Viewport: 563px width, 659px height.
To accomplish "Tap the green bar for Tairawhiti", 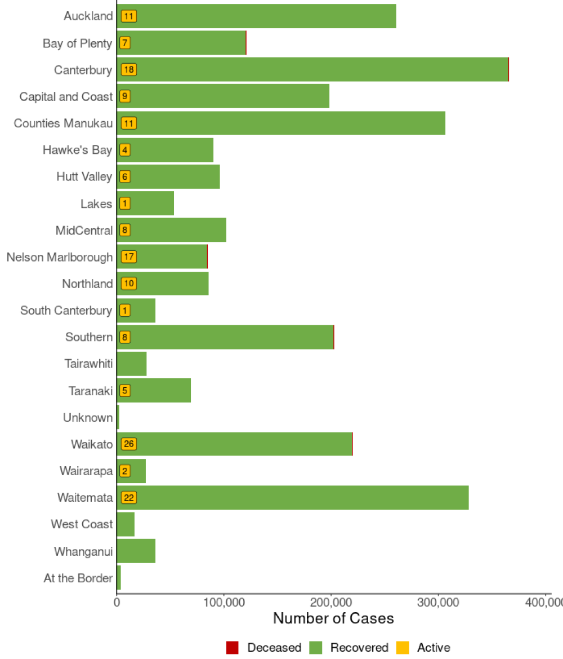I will [132, 364].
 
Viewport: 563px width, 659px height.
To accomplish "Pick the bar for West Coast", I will [126, 524].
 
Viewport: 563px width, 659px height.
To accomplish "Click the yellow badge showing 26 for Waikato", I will [129, 444].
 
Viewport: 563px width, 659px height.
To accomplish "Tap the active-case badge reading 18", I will [129, 69].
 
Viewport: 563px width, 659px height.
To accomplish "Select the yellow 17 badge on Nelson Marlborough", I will [129, 257].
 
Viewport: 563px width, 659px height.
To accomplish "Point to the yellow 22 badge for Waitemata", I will [129, 498].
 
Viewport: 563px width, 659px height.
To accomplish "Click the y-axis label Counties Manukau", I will [63, 123].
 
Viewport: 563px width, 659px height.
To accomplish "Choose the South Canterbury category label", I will [66, 311].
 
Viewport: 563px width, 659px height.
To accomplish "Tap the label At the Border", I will [78, 578].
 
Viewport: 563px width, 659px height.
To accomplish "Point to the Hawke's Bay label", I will [77, 150].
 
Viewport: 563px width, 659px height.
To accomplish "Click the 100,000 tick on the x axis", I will [224, 602].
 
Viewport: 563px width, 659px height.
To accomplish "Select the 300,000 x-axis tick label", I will [439, 602].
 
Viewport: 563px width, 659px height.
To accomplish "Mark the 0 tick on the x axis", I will [117, 602].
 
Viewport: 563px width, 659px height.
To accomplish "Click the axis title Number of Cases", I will [333, 618].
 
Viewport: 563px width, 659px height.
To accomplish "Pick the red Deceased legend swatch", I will [233, 648].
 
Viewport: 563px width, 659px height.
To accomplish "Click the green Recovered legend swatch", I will [316, 648].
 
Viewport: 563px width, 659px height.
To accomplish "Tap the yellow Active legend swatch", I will [403, 648].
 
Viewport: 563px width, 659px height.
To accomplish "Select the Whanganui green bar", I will [136, 551].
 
